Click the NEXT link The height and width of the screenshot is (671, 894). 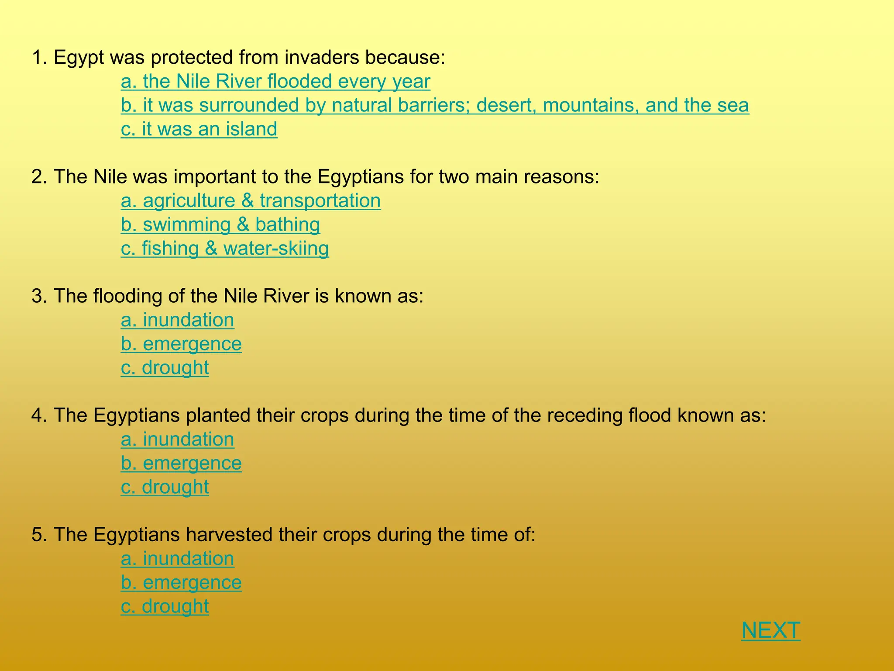770,630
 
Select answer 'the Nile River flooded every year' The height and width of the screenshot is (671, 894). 275,82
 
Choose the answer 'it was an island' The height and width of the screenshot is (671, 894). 199,129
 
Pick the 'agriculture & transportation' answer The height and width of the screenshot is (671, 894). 251,201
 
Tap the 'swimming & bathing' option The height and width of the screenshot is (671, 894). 220,225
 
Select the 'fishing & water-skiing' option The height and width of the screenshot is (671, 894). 225,249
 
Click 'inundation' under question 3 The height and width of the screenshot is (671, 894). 177,320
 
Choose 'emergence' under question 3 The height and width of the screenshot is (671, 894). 181,344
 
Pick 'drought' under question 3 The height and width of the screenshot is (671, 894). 165,368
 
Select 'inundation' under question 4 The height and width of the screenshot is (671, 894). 177,439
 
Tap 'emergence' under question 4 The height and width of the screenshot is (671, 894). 181,463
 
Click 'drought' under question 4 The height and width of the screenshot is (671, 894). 165,487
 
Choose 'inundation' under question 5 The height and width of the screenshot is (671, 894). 177,559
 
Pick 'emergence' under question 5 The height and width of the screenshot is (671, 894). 181,582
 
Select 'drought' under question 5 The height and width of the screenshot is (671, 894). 165,606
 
